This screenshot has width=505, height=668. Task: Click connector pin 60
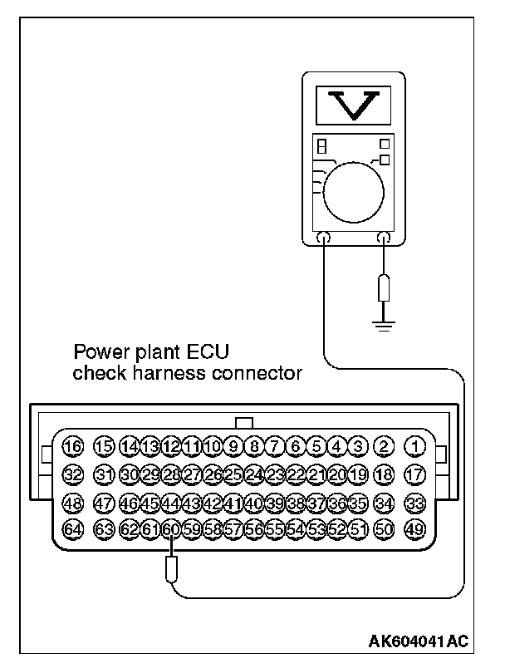pos(171,528)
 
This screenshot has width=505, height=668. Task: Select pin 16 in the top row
pos(73,446)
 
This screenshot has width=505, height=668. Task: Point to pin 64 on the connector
pos(73,528)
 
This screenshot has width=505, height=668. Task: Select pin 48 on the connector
pos(73,502)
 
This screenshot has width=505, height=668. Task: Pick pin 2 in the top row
pos(384,446)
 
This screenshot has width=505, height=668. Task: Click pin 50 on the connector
pos(384,528)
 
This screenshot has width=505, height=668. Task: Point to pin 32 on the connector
pos(73,474)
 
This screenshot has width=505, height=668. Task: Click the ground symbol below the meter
pos(384,324)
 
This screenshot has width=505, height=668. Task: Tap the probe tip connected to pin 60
pos(171,570)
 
